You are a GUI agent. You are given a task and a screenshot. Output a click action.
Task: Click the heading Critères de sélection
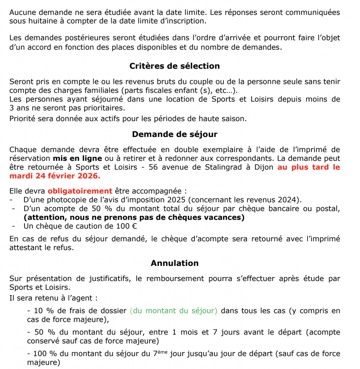(x=175, y=66)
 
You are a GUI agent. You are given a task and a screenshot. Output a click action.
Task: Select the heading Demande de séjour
(x=175, y=134)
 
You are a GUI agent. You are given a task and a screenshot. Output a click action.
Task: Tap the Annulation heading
(x=175, y=263)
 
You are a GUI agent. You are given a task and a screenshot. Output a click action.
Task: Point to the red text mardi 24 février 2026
(x=55, y=176)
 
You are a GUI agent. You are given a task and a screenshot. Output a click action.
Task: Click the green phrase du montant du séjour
(x=174, y=311)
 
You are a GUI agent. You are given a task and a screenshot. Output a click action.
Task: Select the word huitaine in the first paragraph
(x=39, y=21)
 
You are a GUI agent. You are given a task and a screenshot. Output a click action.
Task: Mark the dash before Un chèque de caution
(x=13, y=226)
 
